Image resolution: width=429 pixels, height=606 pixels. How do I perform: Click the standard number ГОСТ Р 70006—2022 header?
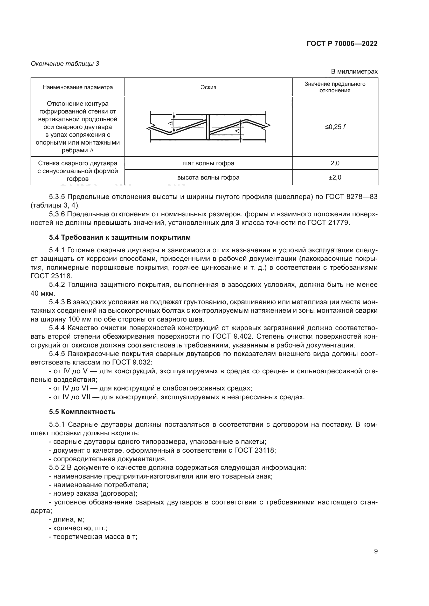(342, 44)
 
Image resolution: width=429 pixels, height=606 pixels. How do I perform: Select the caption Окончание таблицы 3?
(65, 64)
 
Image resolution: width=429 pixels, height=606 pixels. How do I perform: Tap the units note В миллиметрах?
(354, 72)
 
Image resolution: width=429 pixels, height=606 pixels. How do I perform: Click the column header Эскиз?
(208, 87)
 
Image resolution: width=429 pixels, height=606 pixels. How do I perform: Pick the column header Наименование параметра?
(78, 87)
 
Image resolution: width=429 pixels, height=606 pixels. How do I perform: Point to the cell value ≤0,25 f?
(335, 127)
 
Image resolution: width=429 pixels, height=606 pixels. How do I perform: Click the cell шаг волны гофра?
(208, 163)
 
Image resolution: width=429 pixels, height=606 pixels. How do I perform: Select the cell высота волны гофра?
(208, 177)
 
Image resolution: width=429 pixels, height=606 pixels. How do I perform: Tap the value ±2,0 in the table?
(335, 177)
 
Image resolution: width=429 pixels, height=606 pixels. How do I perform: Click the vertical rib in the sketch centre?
(208, 127)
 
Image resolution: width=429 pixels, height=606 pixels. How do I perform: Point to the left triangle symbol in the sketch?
(170, 123)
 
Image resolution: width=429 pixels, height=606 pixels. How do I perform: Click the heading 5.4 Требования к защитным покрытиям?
(120, 237)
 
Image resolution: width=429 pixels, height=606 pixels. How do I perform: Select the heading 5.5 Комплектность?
(82, 412)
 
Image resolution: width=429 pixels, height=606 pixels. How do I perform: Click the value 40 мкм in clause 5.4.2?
(43, 293)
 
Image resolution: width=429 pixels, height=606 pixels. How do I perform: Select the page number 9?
(376, 551)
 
